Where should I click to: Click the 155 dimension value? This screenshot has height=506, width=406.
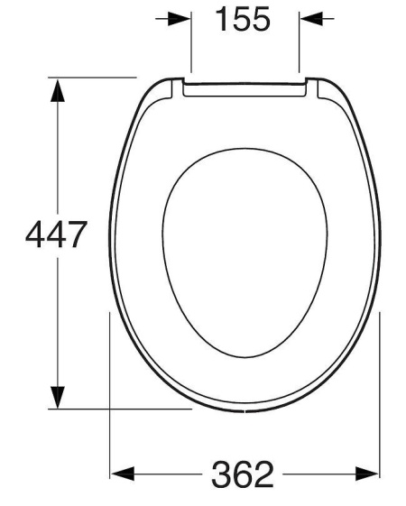(x=243, y=19)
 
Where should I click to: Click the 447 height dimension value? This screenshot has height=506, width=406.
(x=56, y=234)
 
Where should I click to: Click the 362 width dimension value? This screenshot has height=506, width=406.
(x=243, y=474)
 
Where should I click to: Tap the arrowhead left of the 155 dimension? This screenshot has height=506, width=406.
(x=180, y=19)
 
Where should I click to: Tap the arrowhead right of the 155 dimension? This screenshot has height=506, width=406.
(x=311, y=19)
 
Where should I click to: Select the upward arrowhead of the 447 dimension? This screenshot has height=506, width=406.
(x=58, y=91)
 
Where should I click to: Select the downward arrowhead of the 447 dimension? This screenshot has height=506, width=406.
(x=58, y=397)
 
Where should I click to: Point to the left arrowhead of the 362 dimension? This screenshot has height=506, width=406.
(x=123, y=474)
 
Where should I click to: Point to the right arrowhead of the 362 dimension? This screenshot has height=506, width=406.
(x=367, y=474)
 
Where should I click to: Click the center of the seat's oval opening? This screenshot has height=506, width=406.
(x=245, y=253)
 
